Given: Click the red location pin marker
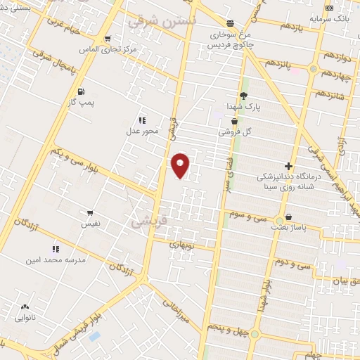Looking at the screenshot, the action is coord(181,165).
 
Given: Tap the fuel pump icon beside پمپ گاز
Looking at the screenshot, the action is coord(81,91).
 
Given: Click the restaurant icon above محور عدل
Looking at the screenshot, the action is coord(142,120).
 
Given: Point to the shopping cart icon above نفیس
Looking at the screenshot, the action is coord(90,212).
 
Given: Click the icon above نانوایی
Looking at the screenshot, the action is coord(26,307).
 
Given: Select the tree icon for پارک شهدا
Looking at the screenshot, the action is coord(244,96).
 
